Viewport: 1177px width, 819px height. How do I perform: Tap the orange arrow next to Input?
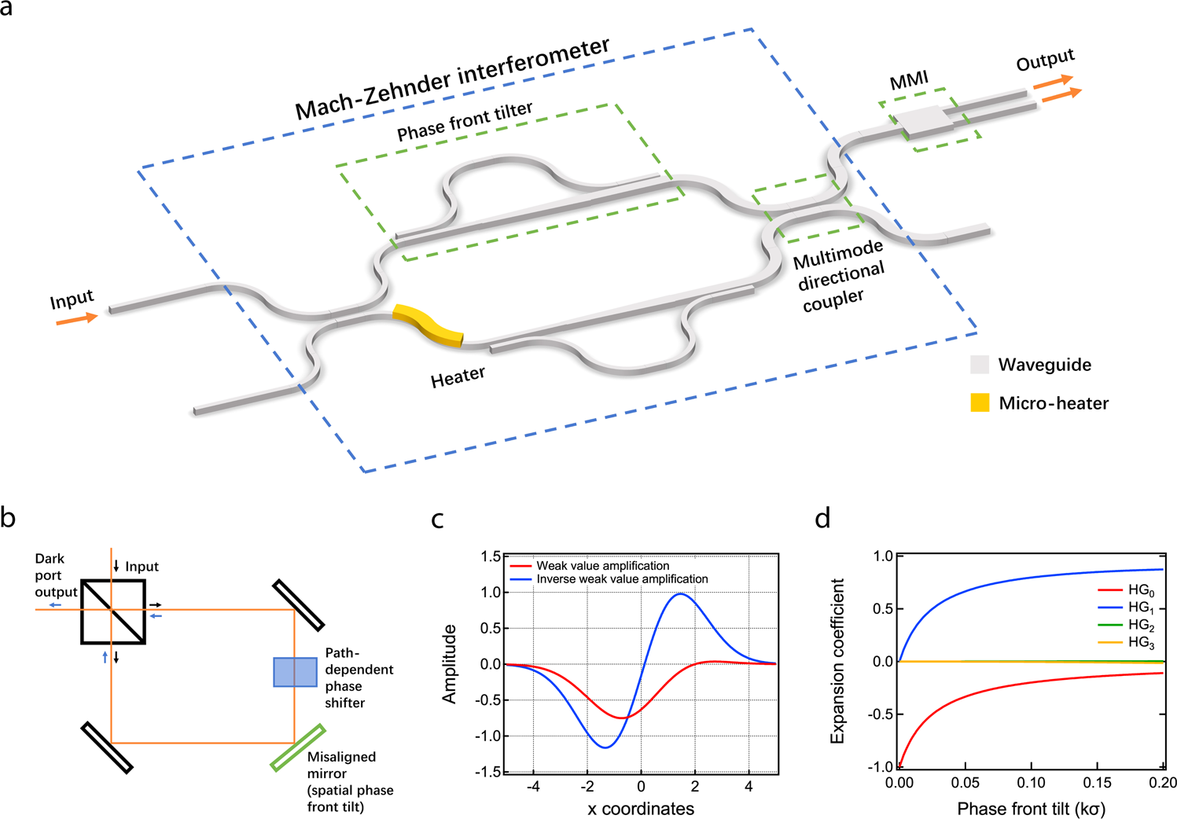[77, 319]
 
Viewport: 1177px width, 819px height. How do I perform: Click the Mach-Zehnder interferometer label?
[452, 79]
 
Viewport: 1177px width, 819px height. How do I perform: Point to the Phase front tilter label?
[465, 122]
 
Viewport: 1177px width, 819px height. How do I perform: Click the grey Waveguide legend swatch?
[980, 365]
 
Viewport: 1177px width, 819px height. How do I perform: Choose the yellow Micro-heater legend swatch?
[980, 403]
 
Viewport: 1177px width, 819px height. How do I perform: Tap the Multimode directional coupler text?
[840, 274]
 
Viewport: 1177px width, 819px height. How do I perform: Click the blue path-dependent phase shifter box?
[295, 672]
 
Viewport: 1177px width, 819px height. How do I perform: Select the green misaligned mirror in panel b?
[298, 747]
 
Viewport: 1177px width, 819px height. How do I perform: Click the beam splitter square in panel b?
[113, 612]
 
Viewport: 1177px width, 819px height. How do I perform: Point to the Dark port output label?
[55, 575]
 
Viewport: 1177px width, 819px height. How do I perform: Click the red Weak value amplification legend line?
[521, 566]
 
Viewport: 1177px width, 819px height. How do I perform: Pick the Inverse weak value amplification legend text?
[622, 579]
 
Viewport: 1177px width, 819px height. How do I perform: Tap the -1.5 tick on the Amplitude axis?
[490, 772]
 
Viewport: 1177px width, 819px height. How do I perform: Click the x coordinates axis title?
[641, 809]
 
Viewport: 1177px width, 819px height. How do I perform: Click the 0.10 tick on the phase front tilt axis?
[1031, 783]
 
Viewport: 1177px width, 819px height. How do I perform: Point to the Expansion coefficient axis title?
[837, 661]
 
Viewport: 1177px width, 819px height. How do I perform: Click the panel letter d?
[822, 519]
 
